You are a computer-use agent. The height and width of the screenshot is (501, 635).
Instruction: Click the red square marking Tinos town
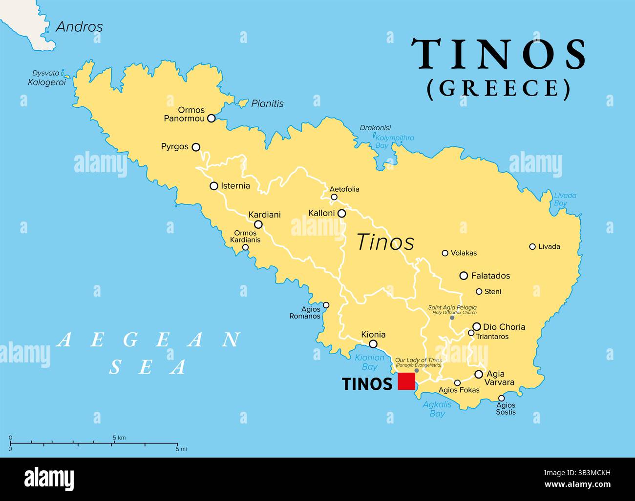(406, 381)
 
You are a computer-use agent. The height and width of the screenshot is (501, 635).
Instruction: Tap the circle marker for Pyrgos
(196, 147)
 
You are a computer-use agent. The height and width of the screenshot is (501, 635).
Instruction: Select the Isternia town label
(235, 186)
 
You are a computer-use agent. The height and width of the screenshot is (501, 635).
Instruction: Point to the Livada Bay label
(565, 199)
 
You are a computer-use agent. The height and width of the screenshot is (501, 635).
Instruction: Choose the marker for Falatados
(464, 276)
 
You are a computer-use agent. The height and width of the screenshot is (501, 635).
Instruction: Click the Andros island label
(80, 26)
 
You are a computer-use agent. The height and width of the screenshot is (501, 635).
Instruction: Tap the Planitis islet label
(267, 103)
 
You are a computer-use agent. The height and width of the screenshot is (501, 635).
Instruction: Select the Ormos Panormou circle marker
(212, 118)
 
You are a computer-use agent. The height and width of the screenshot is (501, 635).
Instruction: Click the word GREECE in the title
(499, 88)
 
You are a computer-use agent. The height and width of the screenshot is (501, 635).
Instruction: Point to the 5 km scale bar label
(119, 437)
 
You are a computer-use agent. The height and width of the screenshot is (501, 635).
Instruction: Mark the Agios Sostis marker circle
(501, 398)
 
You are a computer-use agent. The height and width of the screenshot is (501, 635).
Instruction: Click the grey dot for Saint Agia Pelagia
(452, 318)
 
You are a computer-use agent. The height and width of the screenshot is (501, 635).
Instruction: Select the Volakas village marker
(445, 253)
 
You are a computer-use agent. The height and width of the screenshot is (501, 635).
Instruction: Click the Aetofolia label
(344, 189)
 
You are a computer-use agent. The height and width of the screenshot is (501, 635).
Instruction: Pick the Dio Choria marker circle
(477, 327)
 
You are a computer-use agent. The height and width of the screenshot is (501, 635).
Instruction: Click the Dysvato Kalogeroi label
(46, 78)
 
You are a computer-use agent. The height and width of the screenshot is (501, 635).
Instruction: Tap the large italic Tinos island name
(386, 242)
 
